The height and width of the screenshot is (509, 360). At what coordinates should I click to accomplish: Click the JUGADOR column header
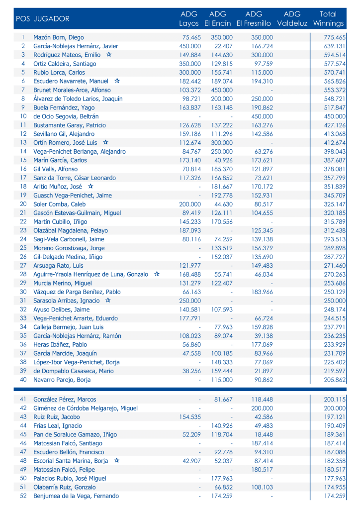coord(51,19)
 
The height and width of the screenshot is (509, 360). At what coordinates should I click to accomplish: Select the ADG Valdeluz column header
coord(292,19)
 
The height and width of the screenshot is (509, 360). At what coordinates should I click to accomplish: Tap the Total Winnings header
coord(328,19)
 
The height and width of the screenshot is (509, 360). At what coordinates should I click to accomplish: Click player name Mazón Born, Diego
coord(58,37)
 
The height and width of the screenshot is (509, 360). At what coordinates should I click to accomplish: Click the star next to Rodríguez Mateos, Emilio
coord(109,55)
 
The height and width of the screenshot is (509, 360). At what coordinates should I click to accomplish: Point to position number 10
coord(23,116)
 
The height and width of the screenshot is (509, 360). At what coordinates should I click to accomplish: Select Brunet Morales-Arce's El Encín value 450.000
coord(221,90)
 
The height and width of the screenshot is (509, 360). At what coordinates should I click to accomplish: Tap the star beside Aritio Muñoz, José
coord(90,186)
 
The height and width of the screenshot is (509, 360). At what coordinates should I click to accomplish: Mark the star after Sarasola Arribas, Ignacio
coord(108,301)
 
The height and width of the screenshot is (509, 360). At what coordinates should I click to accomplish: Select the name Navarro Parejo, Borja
coord(62,380)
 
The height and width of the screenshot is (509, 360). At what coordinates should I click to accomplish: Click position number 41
coord(23,399)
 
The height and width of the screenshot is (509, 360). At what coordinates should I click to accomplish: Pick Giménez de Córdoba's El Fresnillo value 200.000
coord(262,408)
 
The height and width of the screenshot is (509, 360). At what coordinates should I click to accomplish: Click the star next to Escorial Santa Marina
coord(116,461)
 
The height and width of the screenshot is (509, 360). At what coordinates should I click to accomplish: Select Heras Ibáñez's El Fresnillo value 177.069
coord(262,344)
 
